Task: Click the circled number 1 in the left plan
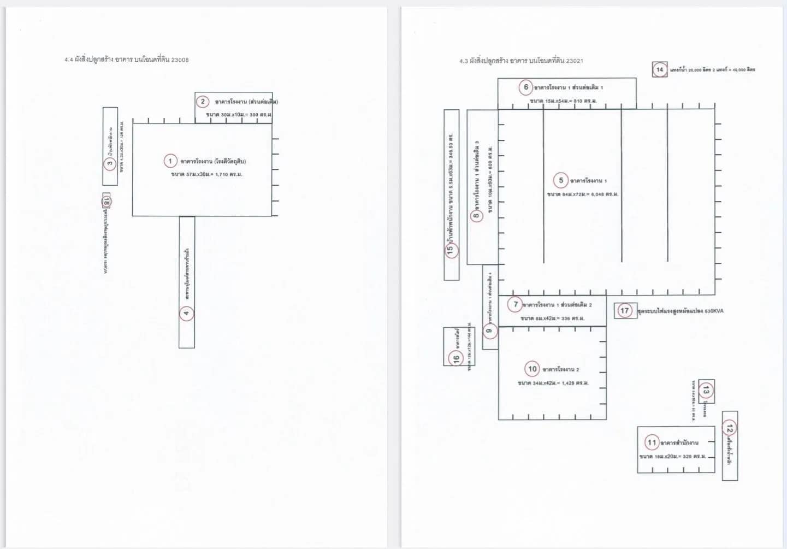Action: click(x=170, y=161)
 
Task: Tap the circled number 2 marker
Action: click(x=203, y=101)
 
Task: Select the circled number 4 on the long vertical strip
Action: click(x=186, y=313)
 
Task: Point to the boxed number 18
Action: click(x=106, y=202)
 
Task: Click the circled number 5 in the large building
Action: click(x=561, y=180)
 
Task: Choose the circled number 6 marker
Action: click(x=526, y=87)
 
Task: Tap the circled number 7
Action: click(x=516, y=304)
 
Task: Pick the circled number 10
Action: click(x=532, y=369)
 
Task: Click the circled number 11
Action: click(x=652, y=442)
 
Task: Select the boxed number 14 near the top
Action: click(x=660, y=69)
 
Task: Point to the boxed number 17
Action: click(x=624, y=310)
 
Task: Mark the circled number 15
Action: click(x=451, y=250)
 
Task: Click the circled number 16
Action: click(x=456, y=358)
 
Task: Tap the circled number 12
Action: click(x=730, y=428)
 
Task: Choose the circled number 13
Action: click(x=706, y=390)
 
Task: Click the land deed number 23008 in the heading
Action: click(x=180, y=60)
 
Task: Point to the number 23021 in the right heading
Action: click(x=574, y=61)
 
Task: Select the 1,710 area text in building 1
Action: click(x=222, y=174)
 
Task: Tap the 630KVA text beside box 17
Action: click(x=714, y=311)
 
